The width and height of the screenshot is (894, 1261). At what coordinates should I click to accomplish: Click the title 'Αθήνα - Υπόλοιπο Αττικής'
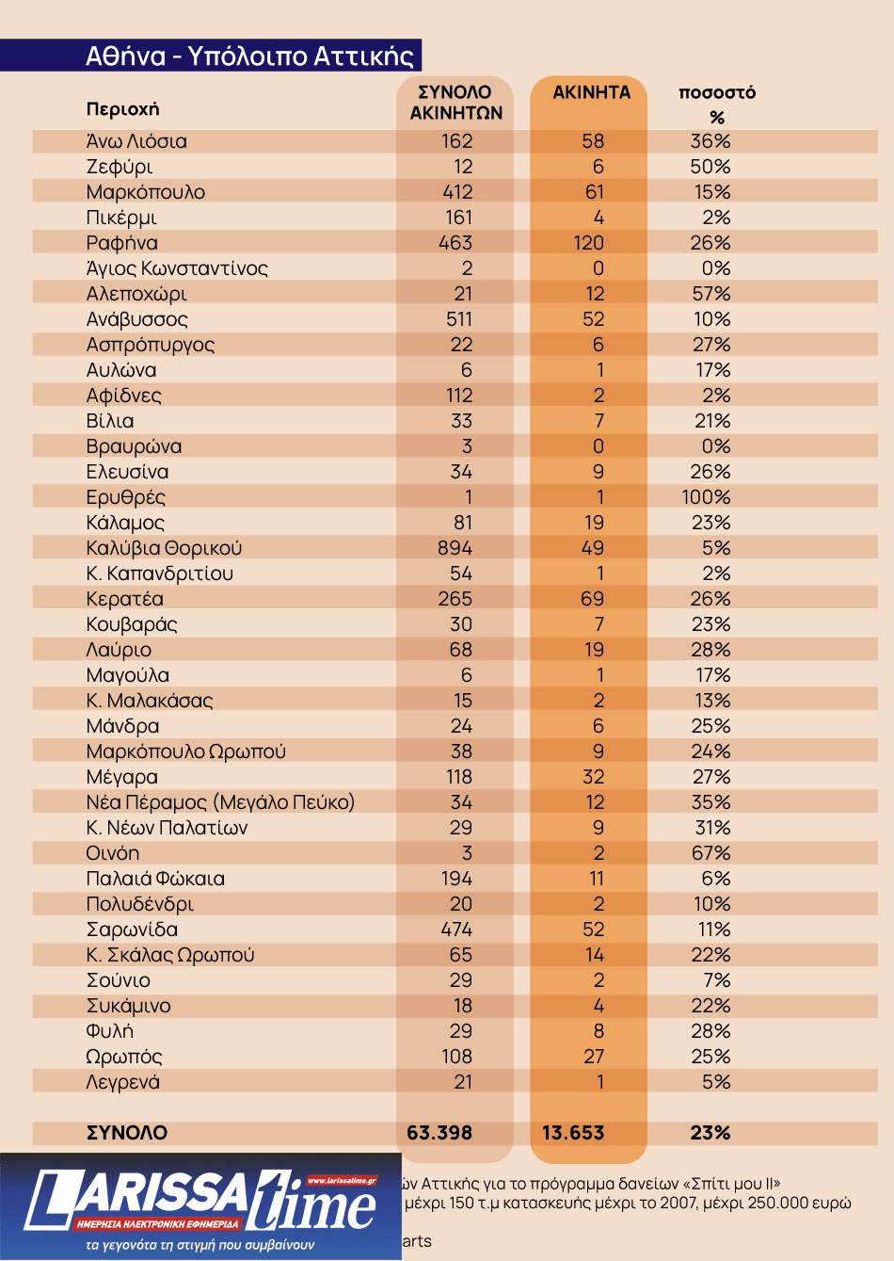click(249, 56)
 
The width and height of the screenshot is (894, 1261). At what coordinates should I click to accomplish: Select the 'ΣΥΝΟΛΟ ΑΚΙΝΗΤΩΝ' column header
click(455, 103)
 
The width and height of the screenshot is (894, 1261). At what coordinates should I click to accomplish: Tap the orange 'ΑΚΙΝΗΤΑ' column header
click(591, 92)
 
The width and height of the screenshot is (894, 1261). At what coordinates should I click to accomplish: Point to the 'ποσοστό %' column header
click(717, 104)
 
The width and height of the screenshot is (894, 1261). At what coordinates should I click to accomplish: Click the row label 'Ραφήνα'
click(122, 243)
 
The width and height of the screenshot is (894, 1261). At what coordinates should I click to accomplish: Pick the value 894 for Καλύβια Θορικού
click(455, 548)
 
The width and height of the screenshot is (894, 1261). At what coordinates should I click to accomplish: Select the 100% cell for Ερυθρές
click(706, 497)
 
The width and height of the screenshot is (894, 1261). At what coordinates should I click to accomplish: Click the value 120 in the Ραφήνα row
click(589, 243)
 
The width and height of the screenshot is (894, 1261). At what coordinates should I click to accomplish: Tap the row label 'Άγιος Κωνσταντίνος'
click(177, 268)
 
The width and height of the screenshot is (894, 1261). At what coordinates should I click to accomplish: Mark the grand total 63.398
click(439, 1133)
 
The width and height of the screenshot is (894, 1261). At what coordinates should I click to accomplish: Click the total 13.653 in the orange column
click(573, 1133)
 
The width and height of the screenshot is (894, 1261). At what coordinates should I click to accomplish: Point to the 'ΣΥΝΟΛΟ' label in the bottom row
click(127, 1133)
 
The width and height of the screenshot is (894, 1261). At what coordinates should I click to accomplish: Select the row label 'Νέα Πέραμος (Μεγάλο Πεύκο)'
click(220, 802)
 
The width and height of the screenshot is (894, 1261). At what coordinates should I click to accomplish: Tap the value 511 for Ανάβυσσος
click(459, 319)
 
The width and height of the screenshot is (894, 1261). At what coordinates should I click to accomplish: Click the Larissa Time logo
click(200, 1206)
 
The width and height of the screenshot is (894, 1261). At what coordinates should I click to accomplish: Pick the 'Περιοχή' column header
click(123, 109)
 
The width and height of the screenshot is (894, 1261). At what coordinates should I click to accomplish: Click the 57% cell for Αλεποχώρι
click(711, 294)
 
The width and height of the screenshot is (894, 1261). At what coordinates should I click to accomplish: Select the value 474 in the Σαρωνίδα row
click(457, 930)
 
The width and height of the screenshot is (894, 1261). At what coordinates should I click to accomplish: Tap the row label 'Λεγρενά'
click(123, 1082)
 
